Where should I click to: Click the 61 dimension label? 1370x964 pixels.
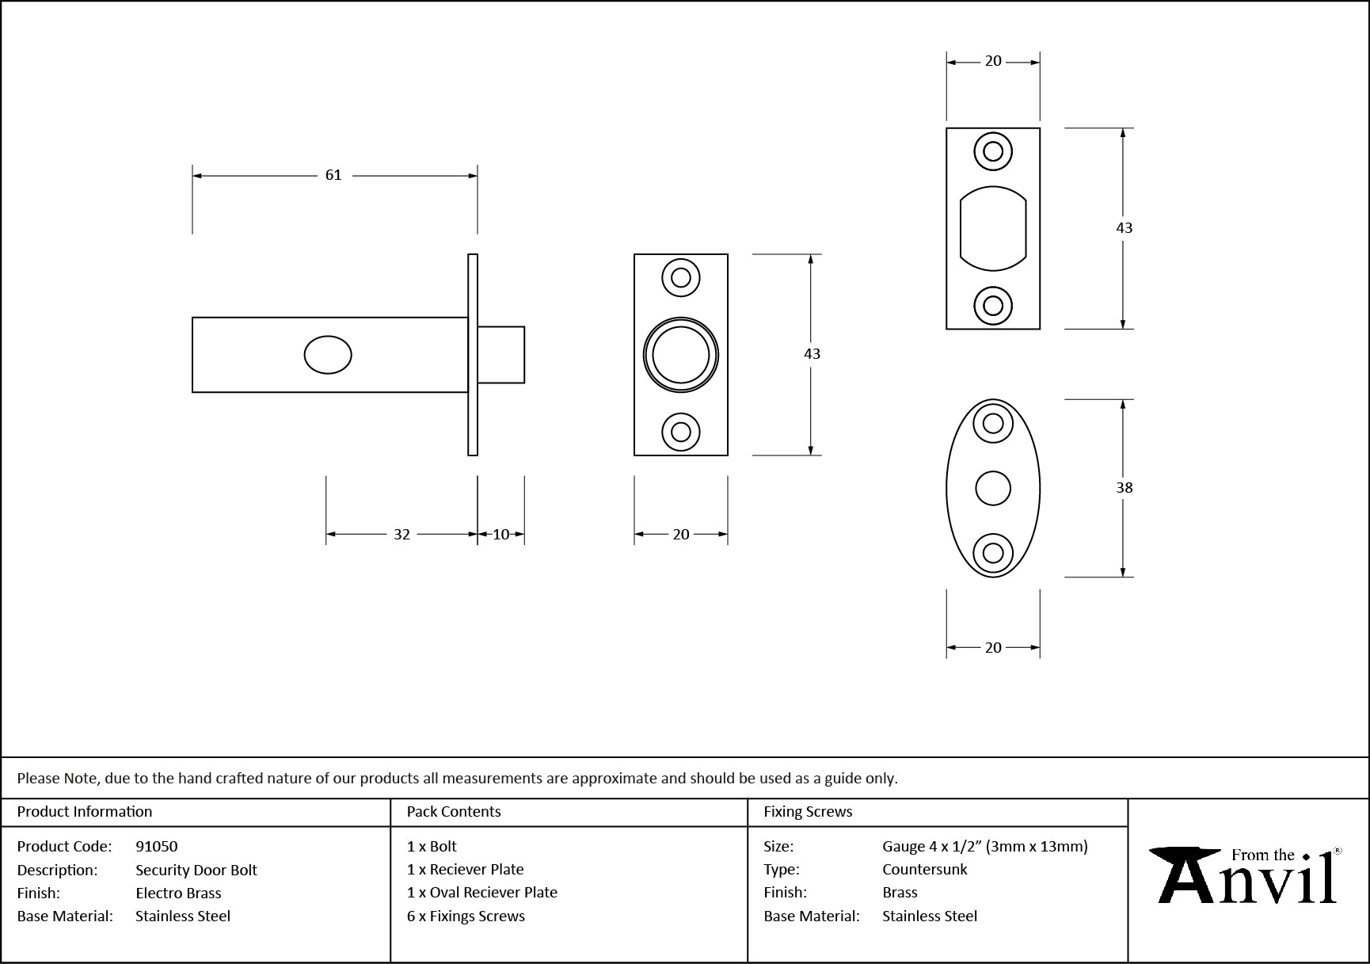tap(333, 175)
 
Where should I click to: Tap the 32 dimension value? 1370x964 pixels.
tap(401, 535)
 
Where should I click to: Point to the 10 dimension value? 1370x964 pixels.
tap(501, 535)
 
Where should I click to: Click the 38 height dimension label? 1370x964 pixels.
tap(1125, 488)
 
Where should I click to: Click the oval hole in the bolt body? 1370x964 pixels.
tap(328, 355)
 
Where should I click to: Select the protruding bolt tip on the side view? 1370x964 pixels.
tap(501, 355)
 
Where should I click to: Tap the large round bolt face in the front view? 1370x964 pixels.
tap(681, 355)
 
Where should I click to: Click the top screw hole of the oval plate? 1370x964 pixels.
tap(993, 423)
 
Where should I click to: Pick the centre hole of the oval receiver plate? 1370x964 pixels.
tap(993, 488)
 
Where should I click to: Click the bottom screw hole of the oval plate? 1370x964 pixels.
tap(993, 553)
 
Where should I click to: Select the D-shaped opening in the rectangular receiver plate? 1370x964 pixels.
tap(993, 228)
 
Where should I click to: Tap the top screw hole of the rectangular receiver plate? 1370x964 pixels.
tap(993, 151)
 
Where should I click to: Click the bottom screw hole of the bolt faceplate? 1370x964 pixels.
tap(681, 432)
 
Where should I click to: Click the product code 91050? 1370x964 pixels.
tap(157, 847)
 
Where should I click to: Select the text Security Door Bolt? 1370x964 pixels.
tap(196, 871)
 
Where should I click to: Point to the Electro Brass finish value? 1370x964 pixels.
tap(178, 894)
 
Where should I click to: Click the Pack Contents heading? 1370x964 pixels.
tap(454, 812)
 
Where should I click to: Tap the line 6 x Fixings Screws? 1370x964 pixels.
tap(466, 916)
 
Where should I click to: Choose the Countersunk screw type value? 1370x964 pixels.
tap(925, 870)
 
